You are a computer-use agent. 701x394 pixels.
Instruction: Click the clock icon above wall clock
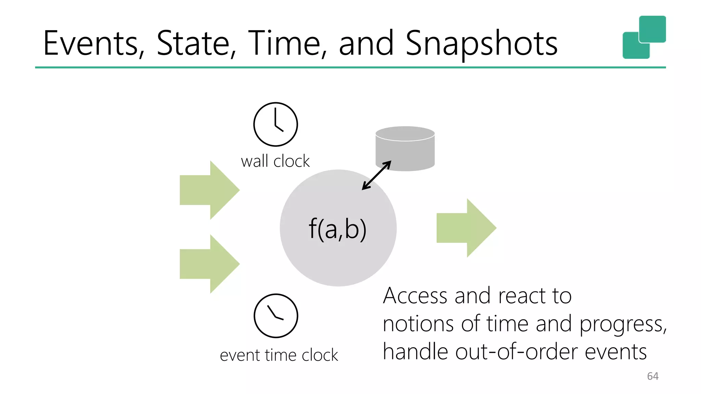pos(276,124)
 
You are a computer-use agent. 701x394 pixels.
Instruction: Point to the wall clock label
pos(275,161)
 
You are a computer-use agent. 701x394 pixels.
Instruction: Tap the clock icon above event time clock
pos(276,316)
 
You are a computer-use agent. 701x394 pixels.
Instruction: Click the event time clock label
pos(279,355)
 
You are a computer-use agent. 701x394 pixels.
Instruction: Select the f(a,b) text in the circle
pos(337,229)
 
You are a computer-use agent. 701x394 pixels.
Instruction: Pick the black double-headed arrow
pos(377,175)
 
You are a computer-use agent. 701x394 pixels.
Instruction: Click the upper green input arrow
pos(209,190)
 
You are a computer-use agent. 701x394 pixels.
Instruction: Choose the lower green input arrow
pos(209,264)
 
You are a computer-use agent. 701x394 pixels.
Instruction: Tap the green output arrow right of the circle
pos(466,228)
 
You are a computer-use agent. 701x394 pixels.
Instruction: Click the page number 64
pos(652,376)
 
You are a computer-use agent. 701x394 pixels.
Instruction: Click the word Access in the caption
pos(415,295)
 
